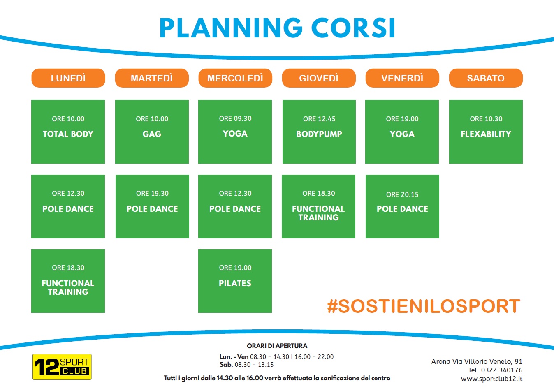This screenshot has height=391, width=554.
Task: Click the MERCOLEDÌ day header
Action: tap(235, 78)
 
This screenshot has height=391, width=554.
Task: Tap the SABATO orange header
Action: tap(486, 78)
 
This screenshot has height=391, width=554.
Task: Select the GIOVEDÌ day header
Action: tap(319, 78)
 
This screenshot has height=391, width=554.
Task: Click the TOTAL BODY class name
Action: tap(68, 134)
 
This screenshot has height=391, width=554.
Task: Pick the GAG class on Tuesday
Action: tap(152, 134)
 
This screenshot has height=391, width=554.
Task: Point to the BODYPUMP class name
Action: tap(319, 134)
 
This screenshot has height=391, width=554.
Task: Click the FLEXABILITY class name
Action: tap(486, 134)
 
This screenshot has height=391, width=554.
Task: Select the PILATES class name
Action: tap(235, 283)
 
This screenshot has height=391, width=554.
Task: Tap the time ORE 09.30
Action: tap(235, 118)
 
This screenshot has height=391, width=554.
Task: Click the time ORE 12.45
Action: tap(319, 119)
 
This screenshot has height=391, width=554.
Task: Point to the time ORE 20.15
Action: tap(402, 194)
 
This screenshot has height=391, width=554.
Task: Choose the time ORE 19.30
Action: tap(152, 193)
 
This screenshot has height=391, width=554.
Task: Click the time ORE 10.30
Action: tap(486, 119)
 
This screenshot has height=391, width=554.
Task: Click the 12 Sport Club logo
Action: tap(62, 367)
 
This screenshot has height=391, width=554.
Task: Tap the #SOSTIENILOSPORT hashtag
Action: tap(424, 306)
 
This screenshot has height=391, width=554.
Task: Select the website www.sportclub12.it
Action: tap(491, 379)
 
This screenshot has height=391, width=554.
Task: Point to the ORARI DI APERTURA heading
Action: tap(277, 346)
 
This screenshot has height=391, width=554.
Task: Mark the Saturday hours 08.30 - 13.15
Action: tap(254, 365)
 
